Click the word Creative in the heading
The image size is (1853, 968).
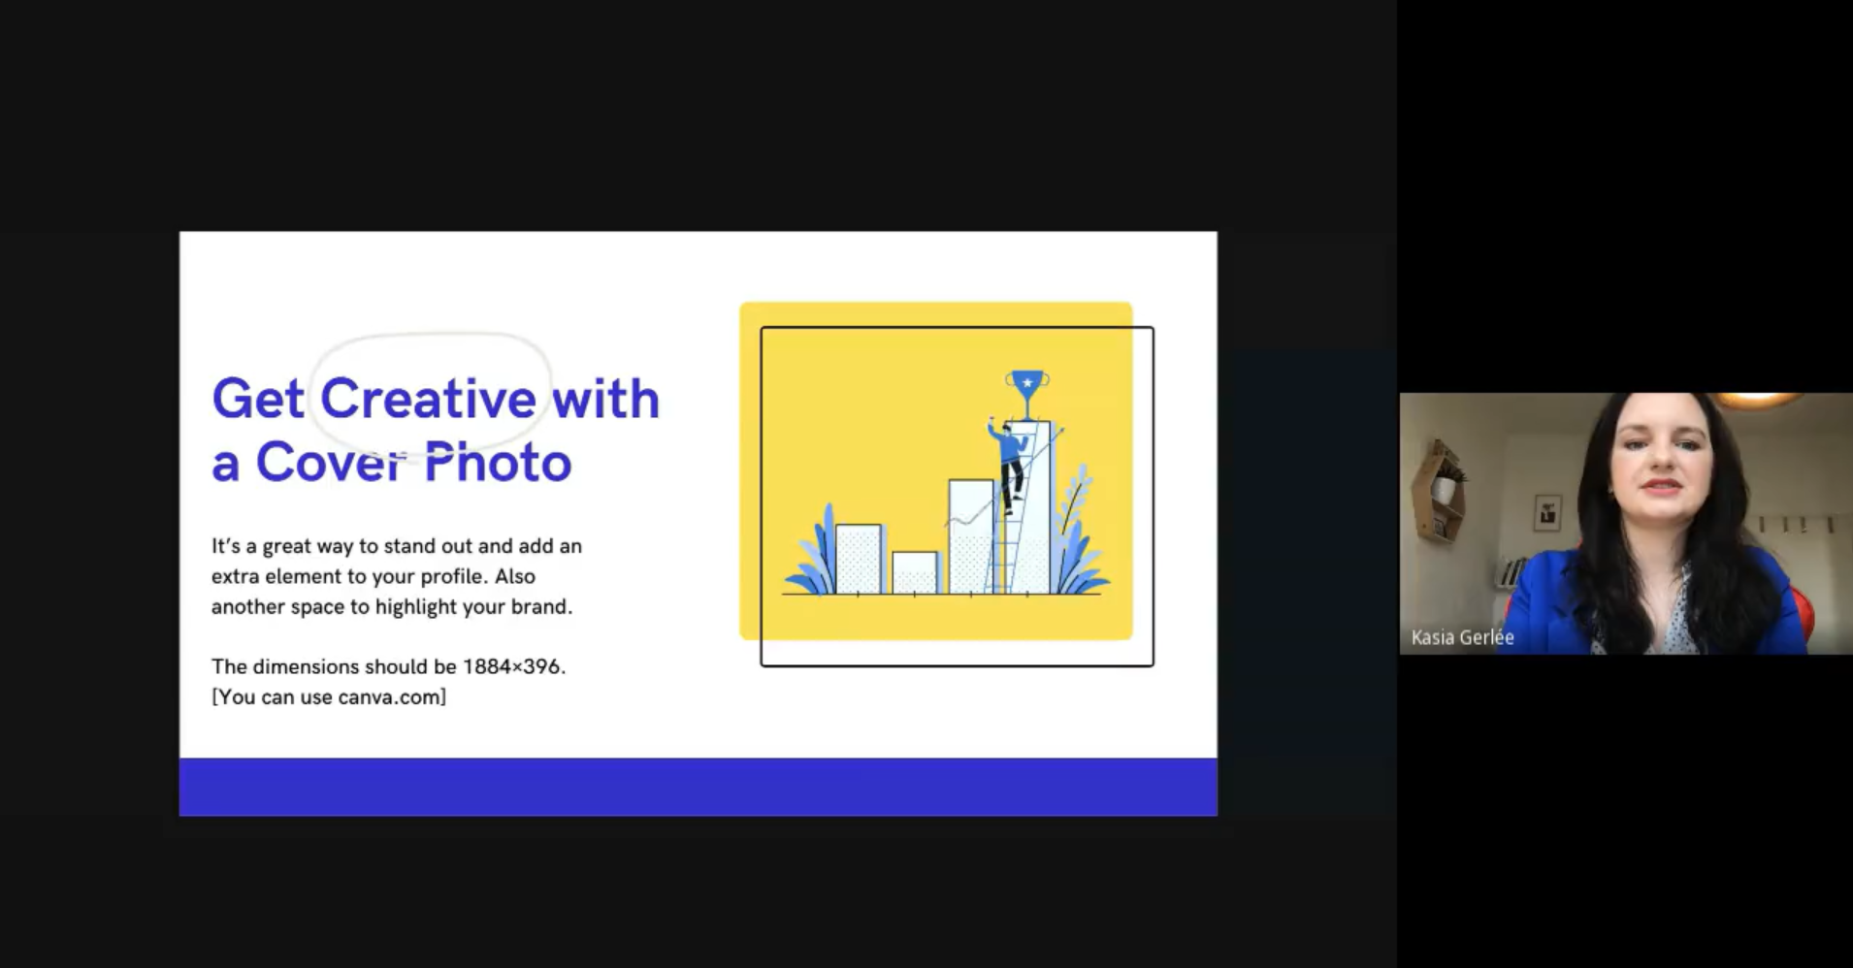click(x=428, y=399)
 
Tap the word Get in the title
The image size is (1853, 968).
click(x=258, y=400)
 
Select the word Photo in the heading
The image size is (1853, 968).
click(x=498, y=462)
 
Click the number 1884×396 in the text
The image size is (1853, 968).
click(x=511, y=666)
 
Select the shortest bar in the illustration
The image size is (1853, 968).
click(x=915, y=572)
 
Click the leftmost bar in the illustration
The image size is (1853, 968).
click(x=859, y=559)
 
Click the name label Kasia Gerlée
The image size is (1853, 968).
click(x=1462, y=637)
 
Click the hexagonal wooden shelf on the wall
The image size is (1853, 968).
click(x=1439, y=491)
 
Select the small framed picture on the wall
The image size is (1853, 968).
click(x=1546, y=512)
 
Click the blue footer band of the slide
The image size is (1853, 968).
click(x=699, y=787)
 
